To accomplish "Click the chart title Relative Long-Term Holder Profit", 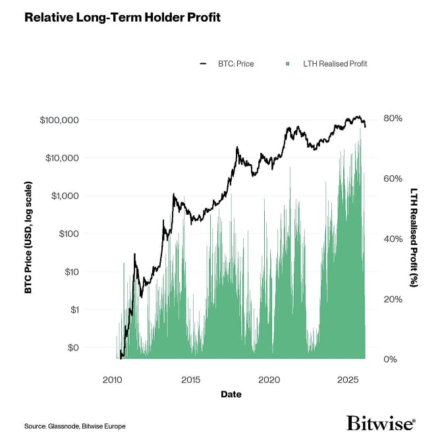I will (122, 17).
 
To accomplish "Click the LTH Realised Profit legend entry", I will (325, 64).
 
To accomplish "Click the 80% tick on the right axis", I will (393, 119).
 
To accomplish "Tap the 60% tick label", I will (393, 179).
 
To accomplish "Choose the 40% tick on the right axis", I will (393, 239).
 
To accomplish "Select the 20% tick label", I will (393, 299).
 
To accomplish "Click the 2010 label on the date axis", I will (113, 381).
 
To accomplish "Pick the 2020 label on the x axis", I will (269, 381).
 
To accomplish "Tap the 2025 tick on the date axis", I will (346, 381).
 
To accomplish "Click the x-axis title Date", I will (231, 395).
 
